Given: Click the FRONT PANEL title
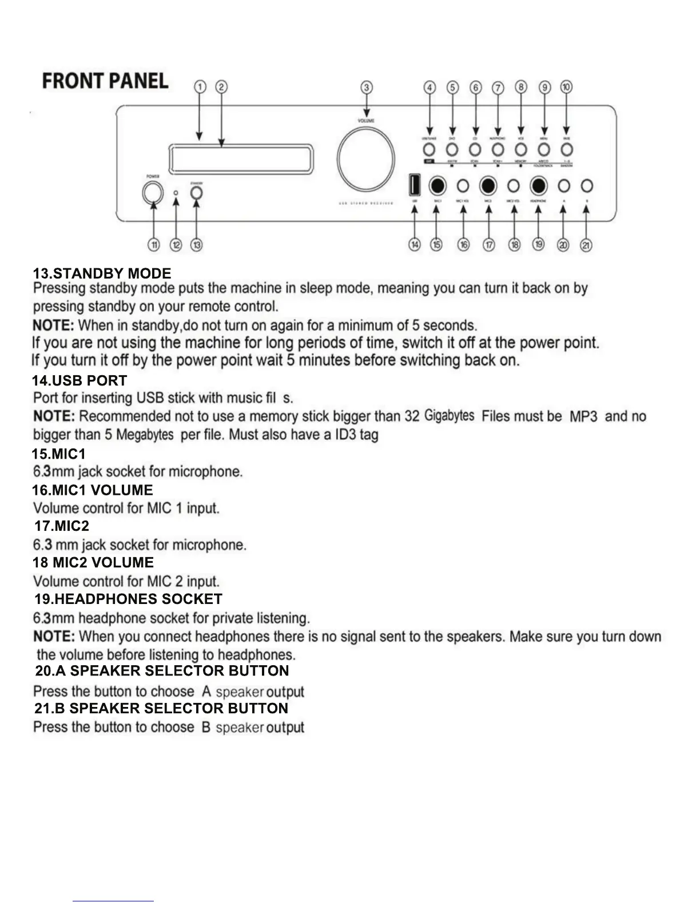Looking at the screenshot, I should (105, 81).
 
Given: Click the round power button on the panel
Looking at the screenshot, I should (153, 192).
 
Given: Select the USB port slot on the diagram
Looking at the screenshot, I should (414, 186).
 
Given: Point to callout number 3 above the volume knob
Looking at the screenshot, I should (367, 88).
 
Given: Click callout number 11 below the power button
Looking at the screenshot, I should (154, 245).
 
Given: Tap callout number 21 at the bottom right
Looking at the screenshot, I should (586, 245).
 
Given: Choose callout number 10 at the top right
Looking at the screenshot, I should (566, 87).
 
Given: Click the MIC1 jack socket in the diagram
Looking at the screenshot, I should (437, 186).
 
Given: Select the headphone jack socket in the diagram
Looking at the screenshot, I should (538, 186).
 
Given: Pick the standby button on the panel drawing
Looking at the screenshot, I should (196, 192).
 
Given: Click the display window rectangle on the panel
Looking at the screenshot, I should (242, 158).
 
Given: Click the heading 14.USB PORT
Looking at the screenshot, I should (79, 380).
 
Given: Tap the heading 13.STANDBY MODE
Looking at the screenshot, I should (102, 273).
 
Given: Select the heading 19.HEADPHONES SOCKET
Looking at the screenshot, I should (128, 599).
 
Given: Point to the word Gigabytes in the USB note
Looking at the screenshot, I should (450, 416).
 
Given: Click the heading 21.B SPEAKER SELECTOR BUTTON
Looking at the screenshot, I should (161, 708).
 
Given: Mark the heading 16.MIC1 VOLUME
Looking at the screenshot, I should (93, 490).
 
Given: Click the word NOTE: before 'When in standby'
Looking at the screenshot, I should (54, 325).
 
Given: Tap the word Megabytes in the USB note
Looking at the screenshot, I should (145, 435).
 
